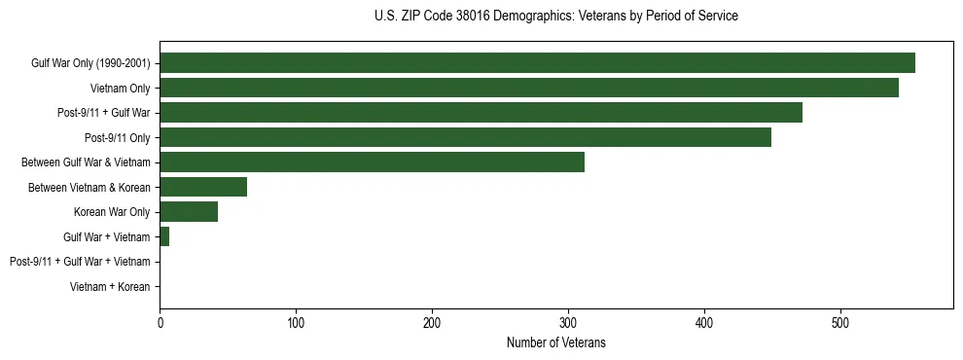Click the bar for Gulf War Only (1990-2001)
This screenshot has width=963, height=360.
[537, 63]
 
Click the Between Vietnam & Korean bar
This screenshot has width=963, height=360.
[203, 187]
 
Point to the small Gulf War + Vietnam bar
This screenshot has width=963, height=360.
[164, 236]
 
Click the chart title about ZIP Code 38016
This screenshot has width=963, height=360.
[555, 17]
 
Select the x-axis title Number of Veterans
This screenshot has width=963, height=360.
[555, 342]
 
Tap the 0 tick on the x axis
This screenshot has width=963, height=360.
[160, 323]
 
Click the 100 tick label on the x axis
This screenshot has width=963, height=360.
[296, 323]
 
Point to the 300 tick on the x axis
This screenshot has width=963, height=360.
[568, 323]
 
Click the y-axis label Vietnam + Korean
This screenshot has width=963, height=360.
[110, 287]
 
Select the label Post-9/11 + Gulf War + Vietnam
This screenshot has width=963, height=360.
[80, 262]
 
